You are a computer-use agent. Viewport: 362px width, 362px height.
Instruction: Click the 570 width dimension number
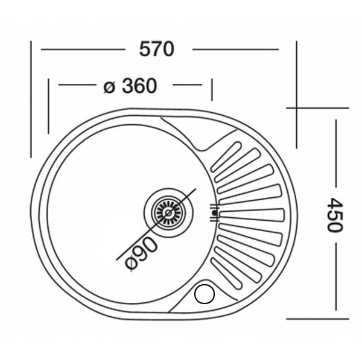[x=156, y=49]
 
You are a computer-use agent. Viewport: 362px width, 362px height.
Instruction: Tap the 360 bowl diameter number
[x=139, y=86]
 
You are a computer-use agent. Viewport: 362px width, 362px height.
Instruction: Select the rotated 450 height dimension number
[x=335, y=215]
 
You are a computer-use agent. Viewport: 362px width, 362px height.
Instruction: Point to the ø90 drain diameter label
[x=141, y=253]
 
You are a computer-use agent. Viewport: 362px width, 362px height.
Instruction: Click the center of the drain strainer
[x=168, y=212]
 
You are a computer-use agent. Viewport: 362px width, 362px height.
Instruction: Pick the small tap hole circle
[x=205, y=294]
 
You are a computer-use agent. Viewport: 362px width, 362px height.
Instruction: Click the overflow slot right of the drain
[x=214, y=213]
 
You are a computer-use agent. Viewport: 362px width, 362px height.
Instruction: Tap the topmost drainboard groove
[x=226, y=157]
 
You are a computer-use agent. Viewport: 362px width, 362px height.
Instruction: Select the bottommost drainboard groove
[x=226, y=273]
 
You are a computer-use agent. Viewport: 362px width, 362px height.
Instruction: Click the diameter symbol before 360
[x=109, y=87]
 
